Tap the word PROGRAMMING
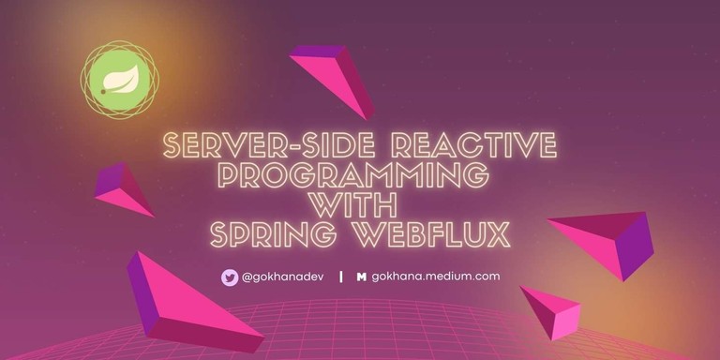tap(360, 175)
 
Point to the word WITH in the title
tap(360, 204)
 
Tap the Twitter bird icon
tap(229, 277)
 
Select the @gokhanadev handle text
tap(282, 277)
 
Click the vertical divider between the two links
tap(339, 277)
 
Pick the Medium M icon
tap(361, 277)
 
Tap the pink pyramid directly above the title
tap(336, 77)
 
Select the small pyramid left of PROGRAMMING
tap(123, 188)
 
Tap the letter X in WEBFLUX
tap(499, 233)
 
